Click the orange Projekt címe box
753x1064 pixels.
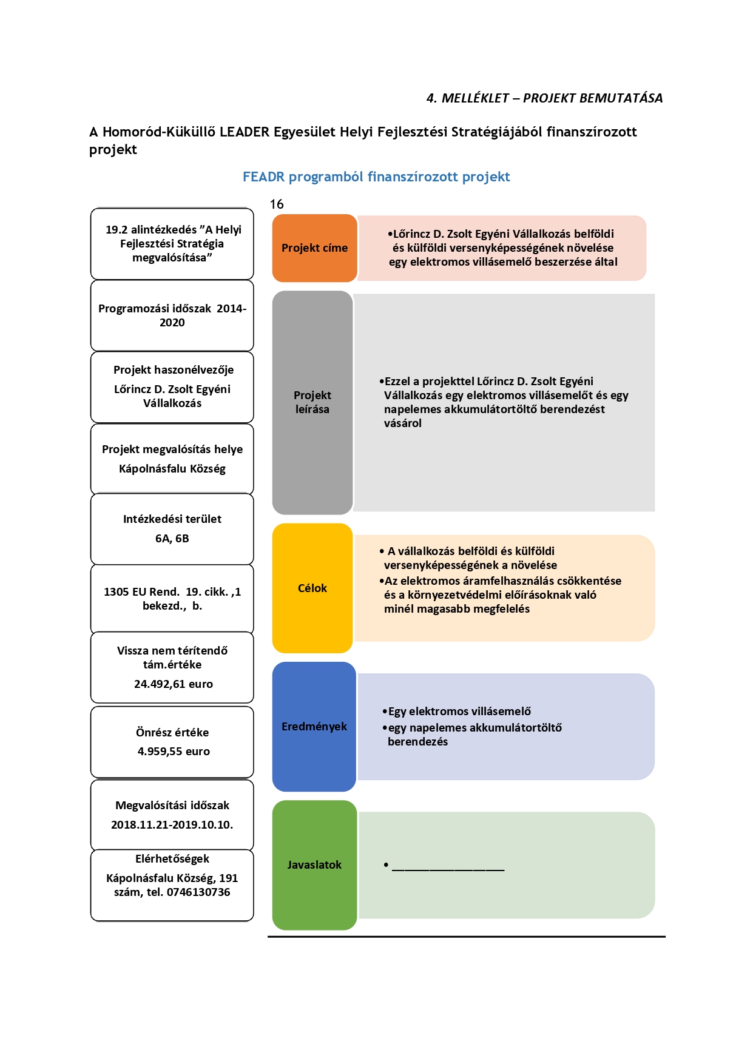(x=314, y=248)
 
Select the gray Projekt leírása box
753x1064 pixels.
(x=312, y=403)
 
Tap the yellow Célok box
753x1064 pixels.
(x=312, y=588)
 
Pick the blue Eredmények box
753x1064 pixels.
(x=314, y=726)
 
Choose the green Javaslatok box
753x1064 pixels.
(x=314, y=865)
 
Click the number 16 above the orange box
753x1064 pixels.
(x=277, y=204)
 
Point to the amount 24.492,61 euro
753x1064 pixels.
(x=174, y=684)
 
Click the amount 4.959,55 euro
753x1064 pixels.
(x=174, y=752)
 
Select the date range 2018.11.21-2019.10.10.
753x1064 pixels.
(x=172, y=825)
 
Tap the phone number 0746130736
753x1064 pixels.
(x=198, y=892)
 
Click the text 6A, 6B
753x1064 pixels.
(x=172, y=539)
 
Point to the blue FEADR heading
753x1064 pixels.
(x=376, y=177)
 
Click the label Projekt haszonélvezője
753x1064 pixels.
(x=174, y=370)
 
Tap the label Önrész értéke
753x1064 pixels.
(x=172, y=733)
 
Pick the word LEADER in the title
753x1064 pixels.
(x=245, y=132)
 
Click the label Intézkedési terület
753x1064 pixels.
(x=172, y=519)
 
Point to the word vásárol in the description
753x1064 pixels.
(x=403, y=423)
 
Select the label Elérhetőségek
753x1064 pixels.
(x=172, y=859)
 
